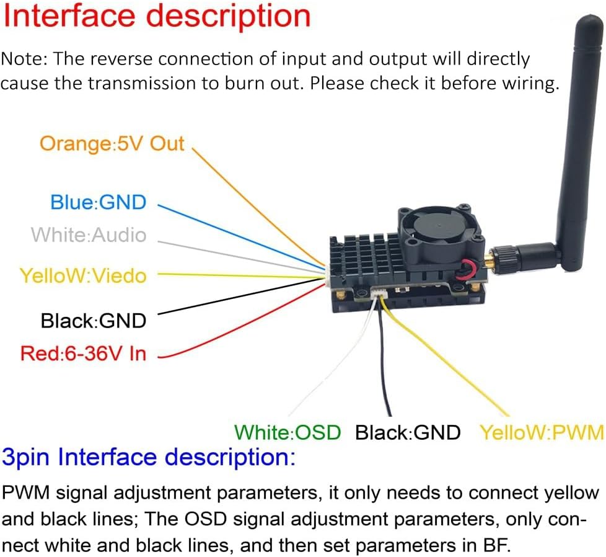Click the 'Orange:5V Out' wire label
112,144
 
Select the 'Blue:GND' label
99,202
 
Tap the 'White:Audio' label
89,234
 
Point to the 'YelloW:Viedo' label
83,275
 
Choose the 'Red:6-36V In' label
83,354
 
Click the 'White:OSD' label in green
288,432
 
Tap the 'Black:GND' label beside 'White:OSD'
408,432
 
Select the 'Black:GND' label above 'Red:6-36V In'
94,321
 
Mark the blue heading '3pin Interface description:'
149,458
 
